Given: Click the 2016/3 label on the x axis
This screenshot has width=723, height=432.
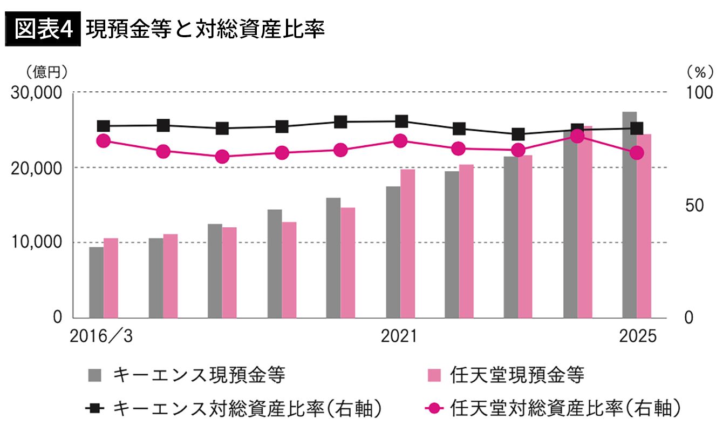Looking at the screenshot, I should point(101,336).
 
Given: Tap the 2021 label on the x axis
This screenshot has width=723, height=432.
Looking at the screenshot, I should point(399,336).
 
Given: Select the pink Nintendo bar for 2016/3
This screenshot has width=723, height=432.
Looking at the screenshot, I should point(111,278).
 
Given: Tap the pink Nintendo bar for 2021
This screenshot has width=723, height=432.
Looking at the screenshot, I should point(407,243).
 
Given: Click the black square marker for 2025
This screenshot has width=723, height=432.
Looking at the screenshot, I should point(637,128).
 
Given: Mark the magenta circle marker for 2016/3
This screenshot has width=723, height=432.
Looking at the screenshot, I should point(104,141).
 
